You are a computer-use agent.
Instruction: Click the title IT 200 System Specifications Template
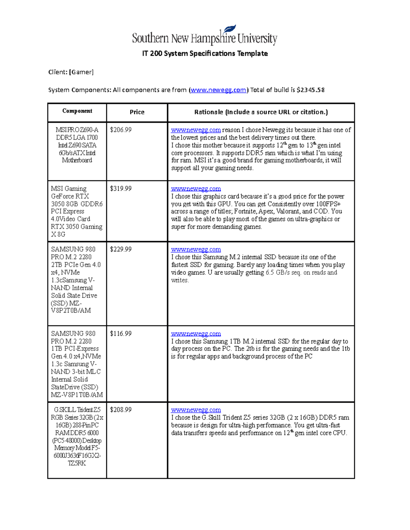[x=205, y=54]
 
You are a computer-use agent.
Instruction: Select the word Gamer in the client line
[x=81, y=72]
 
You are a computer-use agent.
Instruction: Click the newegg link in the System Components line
[x=218, y=90]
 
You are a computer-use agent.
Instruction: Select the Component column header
[x=77, y=111]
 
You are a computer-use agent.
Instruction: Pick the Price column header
[x=137, y=112]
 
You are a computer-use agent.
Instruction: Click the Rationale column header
[x=261, y=112]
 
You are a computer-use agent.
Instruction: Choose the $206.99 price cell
[x=121, y=130]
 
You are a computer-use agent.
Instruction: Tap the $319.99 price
[x=121, y=189]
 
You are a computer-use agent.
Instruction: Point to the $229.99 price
[x=121, y=249]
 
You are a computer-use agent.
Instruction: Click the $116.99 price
[x=121, y=334]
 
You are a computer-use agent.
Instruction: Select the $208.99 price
[x=121, y=410]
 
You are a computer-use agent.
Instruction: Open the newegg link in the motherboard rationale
[x=196, y=130]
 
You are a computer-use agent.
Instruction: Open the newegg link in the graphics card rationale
[x=196, y=189]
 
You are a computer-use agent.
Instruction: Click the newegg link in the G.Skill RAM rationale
[x=196, y=410]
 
